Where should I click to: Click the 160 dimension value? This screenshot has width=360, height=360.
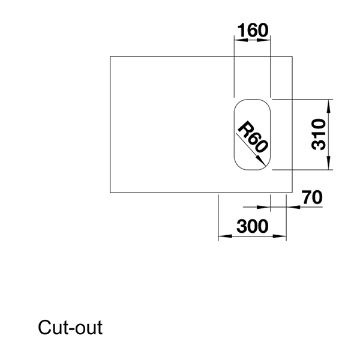[x=252, y=30]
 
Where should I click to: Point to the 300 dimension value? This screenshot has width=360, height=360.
[x=252, y=226]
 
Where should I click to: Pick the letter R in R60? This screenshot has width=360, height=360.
[x=245, y=129]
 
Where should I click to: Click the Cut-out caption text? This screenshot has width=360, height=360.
[x=70, y=328]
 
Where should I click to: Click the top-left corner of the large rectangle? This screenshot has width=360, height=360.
[x=110, y=56]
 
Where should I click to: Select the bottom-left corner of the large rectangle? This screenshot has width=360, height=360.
[x=110, y=193]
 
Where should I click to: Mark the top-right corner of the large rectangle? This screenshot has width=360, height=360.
[x=292, y=56]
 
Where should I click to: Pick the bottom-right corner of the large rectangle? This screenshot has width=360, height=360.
[x=292, y=193]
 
